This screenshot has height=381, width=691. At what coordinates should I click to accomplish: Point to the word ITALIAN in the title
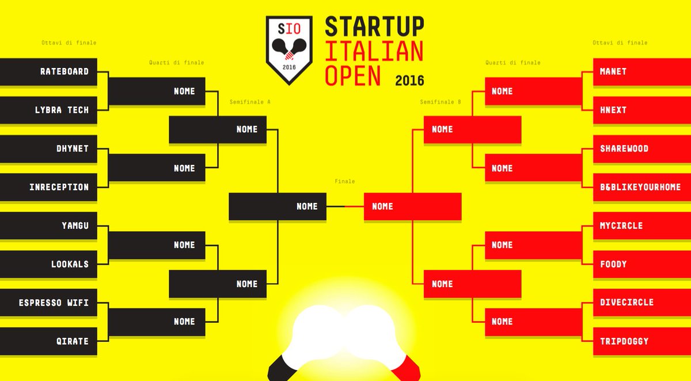374,51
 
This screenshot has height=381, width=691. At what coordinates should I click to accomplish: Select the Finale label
344,182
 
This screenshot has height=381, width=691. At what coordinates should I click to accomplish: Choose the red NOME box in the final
412,206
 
